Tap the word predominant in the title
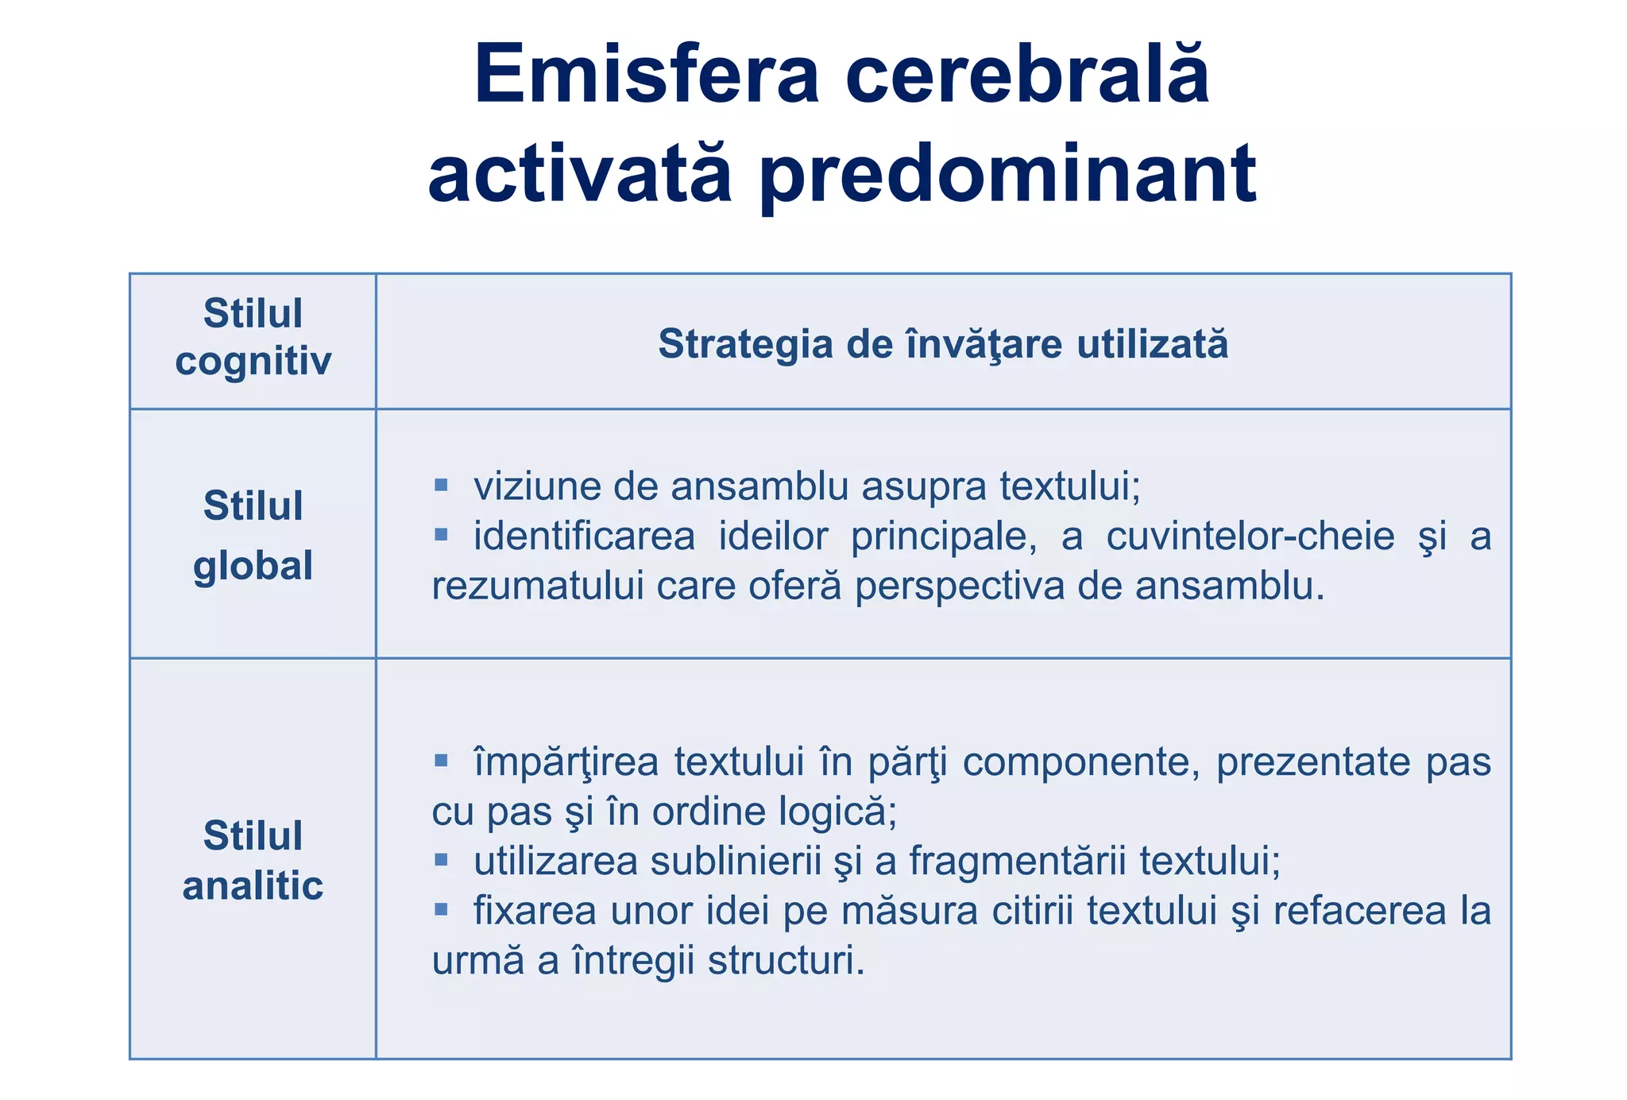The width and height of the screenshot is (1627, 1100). tap(1007, 173)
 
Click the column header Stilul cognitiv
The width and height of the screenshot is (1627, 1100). tap(253, 337)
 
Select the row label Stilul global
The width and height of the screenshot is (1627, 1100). tap(253, 535)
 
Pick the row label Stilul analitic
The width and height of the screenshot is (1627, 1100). tap(253, 860)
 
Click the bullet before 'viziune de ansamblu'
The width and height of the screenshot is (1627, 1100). tap(442, 484)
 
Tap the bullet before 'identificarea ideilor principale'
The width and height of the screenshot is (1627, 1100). tap(442, 534)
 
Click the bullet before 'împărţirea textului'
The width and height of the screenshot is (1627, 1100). tap(442, 761)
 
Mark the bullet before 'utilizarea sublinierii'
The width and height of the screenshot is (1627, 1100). tap(442, 859)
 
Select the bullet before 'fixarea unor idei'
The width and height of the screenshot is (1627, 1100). tap(442, 909)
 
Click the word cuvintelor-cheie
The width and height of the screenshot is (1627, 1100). tap(1250, 536)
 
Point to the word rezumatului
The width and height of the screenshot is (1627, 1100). tap(538, 587)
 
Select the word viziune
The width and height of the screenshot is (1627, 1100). tap(536, 486)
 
